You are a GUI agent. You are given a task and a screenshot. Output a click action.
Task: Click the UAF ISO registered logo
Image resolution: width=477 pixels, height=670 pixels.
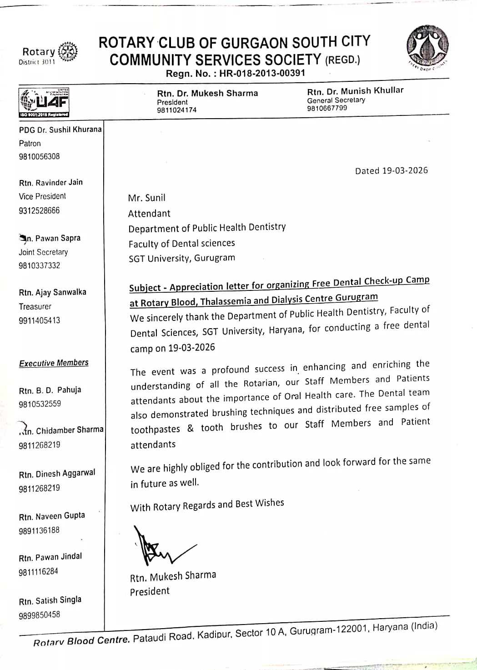44,102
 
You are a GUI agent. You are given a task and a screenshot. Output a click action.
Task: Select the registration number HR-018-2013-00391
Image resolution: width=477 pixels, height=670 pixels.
262,73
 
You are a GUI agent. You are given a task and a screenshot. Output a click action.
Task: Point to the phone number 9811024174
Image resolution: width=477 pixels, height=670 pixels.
177,110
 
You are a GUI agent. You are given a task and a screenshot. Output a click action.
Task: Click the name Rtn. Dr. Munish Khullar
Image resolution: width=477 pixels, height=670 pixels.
355,90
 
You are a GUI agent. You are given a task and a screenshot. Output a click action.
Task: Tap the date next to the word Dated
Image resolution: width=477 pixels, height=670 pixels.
405,170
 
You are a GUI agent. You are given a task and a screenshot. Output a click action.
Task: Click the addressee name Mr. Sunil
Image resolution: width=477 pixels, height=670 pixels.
146,198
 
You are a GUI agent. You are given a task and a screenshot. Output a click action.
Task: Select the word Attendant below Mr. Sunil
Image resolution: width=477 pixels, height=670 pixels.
149,213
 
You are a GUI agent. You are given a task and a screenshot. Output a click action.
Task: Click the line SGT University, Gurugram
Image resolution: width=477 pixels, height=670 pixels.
181,258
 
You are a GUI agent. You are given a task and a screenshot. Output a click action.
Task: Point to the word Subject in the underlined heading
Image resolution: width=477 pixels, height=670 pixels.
145,288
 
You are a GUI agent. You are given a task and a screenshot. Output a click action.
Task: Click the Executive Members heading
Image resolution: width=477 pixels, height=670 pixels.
54,363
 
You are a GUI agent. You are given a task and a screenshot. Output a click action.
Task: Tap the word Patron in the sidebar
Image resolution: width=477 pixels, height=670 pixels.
30,143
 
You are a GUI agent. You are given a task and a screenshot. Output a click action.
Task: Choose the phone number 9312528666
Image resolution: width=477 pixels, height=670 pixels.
39,210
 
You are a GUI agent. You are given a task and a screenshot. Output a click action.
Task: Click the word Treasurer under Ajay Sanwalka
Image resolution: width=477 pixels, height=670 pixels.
35,306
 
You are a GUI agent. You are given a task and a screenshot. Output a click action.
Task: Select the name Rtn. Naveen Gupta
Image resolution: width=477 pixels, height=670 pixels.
52,516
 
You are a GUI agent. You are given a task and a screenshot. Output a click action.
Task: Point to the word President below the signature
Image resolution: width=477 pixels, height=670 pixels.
150,591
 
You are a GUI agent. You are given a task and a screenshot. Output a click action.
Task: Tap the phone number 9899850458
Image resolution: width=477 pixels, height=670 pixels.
39,615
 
